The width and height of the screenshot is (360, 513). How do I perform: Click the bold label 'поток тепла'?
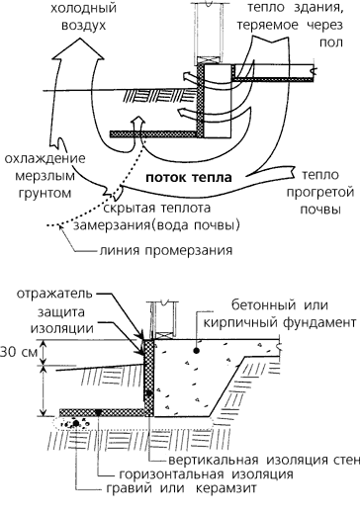click(189, 178)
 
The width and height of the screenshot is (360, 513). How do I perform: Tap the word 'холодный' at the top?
click(83, 8)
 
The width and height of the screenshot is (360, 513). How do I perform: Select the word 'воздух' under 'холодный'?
click(83, 26)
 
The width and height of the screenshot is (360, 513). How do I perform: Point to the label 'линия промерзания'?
click(166, 250)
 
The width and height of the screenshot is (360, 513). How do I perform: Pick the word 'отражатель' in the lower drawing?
click(54, 294)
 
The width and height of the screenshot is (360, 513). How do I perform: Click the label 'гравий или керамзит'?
click(181, 488)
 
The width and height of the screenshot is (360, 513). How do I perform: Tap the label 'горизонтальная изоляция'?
click(206, 474)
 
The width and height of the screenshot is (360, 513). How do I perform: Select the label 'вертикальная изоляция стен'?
click(264, 460)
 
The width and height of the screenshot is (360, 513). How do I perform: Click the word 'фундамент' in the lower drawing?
click(319, 322)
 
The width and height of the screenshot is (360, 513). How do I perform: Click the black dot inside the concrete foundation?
click(197, 351)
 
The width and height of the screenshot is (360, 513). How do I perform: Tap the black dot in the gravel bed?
click(76, 423)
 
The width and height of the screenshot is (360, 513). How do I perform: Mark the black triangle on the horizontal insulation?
click(98, 412)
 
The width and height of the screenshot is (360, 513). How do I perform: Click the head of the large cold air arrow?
click(79, 48)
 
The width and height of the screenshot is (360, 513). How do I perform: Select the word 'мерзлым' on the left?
click(45, 177)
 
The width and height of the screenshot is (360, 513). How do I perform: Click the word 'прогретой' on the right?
click(320, 193)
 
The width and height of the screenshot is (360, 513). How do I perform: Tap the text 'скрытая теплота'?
click(157, 209)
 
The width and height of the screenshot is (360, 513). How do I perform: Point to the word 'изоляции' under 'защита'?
click(62, 328)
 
